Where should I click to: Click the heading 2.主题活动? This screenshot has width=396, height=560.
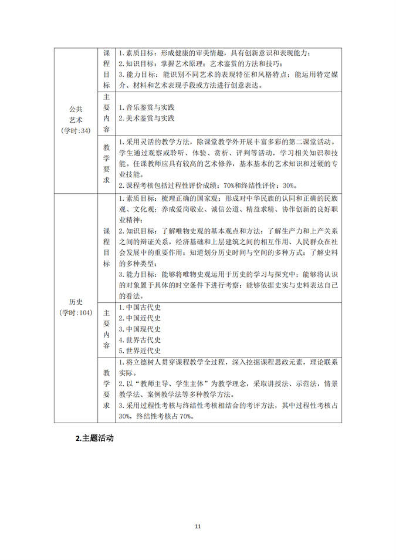[x=94, y=438]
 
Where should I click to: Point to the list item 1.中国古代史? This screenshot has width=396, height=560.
[x=139, y=307]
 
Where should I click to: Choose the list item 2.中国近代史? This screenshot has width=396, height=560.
[x=139, y=318]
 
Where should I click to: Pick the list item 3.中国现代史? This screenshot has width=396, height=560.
[x=139, y=329]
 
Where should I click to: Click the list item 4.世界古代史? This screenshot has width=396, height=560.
[x=139, y=340]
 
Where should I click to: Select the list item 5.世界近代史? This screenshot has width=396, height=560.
[x=139, y=350]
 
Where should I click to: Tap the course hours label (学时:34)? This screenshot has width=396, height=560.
[x=76, y=130]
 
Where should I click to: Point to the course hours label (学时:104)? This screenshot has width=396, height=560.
[x=76, y=312]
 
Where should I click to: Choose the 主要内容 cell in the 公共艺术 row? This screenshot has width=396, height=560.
[x=106, y=113]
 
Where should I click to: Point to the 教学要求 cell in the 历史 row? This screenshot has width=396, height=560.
[x=106, y=389]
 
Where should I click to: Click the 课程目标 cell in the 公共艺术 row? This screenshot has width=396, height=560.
[x=106, y=69]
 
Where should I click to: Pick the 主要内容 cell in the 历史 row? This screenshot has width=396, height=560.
[x=106, y=329]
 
